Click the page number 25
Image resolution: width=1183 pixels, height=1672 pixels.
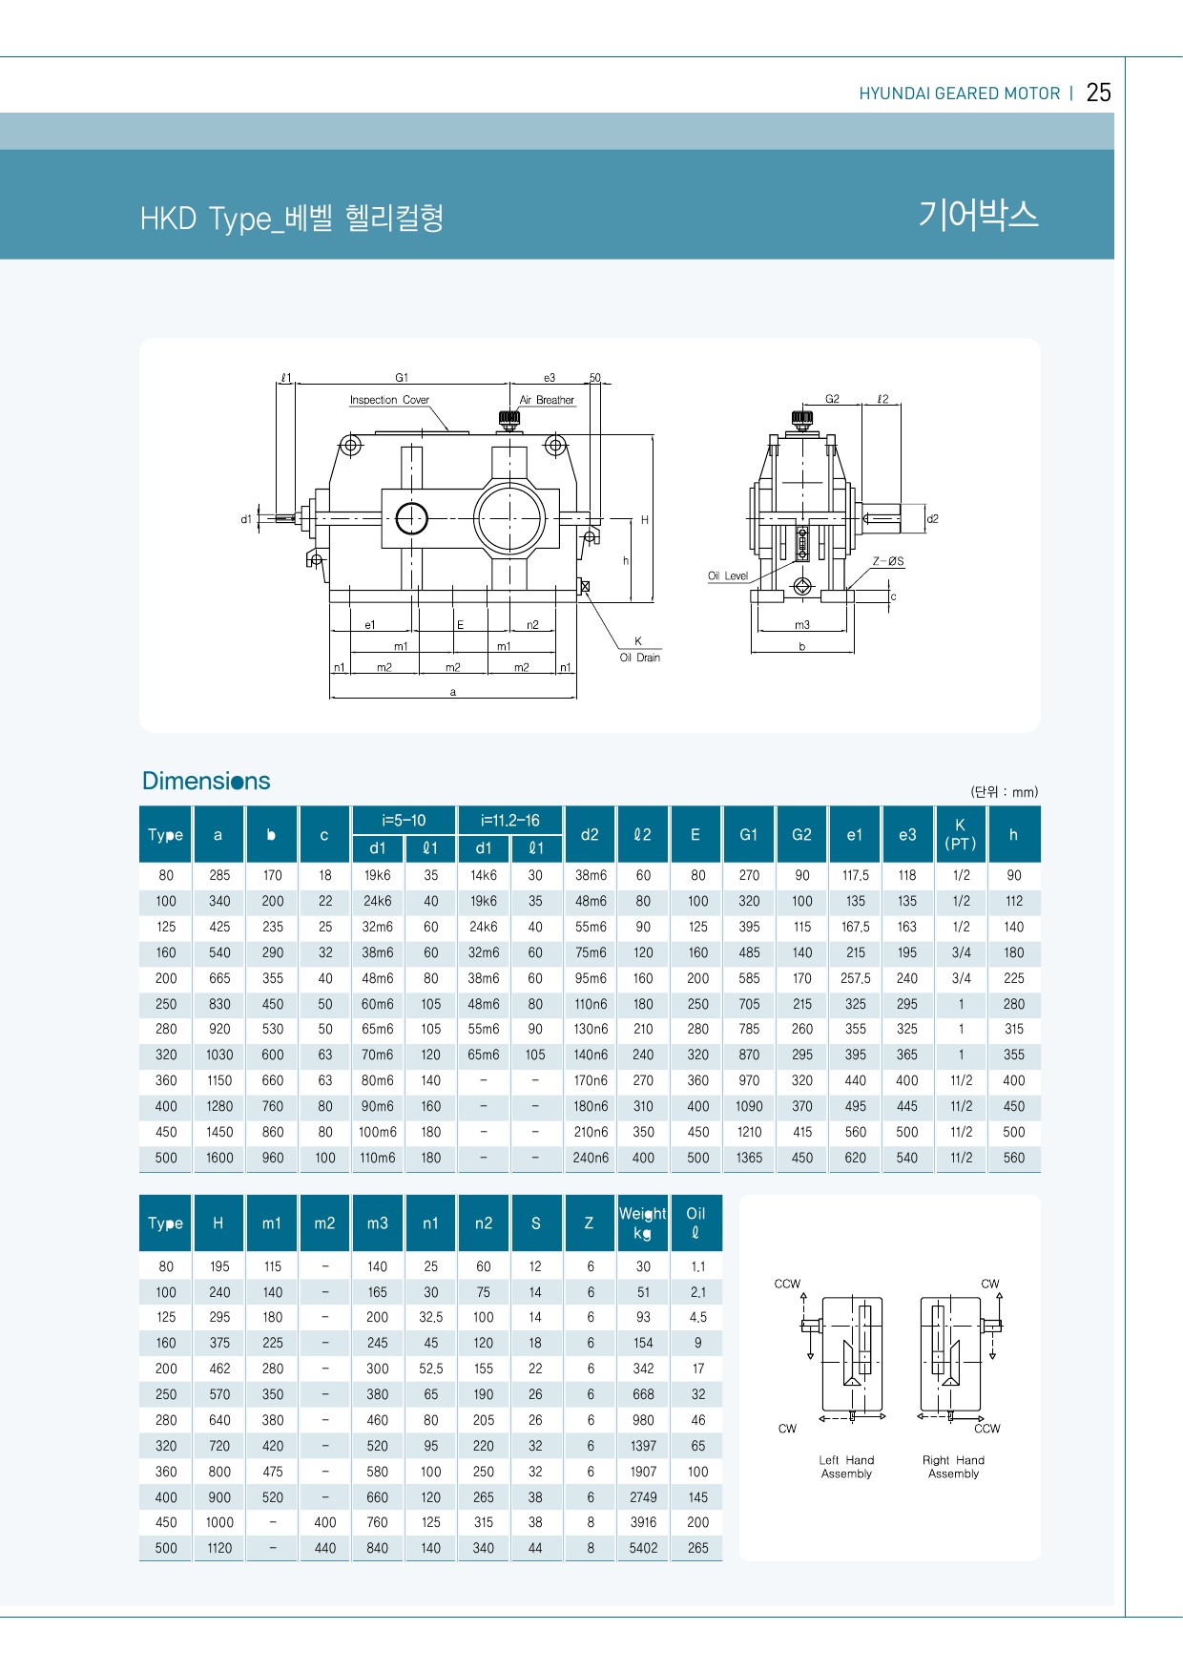(x=1098, y=93)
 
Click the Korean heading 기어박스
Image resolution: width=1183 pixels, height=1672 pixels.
(x=978, y=214)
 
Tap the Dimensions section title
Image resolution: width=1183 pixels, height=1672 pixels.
(x=206, y=781)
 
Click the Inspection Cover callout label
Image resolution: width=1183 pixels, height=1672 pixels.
(x=389, y=400)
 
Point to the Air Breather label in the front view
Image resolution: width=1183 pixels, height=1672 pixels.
(x=547, y=400)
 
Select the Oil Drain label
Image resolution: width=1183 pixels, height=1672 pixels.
(x=639, y=658)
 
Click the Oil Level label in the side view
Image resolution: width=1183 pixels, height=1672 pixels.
(x=728, y=575)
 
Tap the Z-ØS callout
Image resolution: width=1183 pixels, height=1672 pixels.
(x=888, y=561)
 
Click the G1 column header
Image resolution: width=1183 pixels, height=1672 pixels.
(x=749, y=834)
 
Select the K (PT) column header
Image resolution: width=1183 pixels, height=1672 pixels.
(x=961, y=834)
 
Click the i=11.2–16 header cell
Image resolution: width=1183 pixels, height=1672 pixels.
(x=509, y=820)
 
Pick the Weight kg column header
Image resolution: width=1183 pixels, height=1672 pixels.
(x=642, y=1223)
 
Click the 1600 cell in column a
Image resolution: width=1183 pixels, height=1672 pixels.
(x=219, y=1158)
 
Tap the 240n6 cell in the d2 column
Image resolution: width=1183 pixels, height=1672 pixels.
(x=591, y=1158)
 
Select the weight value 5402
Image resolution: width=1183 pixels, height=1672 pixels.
(x=643, y=1548)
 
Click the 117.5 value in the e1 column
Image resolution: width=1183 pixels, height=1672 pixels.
(x=855, y=875)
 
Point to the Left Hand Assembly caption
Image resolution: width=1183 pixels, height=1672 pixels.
(x=846, y=1467)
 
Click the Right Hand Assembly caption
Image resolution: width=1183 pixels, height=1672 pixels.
(x=953, y=1467)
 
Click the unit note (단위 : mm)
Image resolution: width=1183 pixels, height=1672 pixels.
(x=1004, y=791)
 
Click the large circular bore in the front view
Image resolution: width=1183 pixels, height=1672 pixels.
(x=509, y=518)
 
